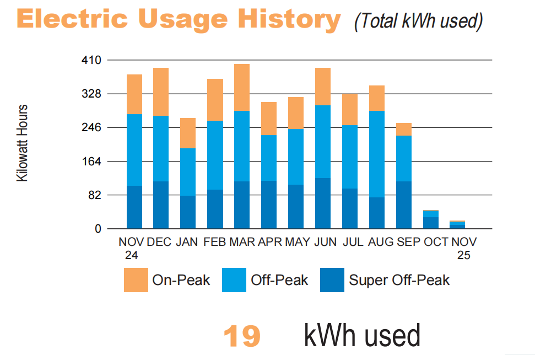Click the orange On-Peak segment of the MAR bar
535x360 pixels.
click(241, 87)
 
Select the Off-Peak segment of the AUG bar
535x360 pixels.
click(377, 154)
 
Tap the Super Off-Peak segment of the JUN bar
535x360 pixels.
click(323, 203)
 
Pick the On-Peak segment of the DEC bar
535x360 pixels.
click(161, 92)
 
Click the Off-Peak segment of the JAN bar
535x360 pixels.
click(188, 171)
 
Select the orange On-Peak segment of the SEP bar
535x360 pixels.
click(404, 129)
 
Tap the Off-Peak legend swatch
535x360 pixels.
click(234, 280)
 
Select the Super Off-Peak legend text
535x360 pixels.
click(399, 280)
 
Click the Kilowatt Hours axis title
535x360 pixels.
click(22, 143)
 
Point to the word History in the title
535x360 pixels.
click(288, 19)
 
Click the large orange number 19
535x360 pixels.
click(242, 336)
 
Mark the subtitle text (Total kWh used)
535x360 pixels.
click(419, 21)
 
